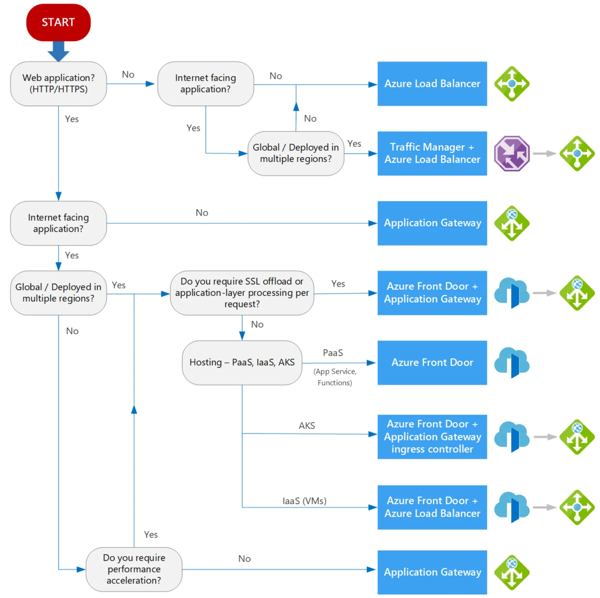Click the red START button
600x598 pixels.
click(x=58, y=22)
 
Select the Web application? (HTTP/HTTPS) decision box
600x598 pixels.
click(x=58, y=84)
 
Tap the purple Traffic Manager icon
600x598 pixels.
click(x=512, y=153)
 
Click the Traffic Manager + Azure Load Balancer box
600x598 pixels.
click(x=432, y=153)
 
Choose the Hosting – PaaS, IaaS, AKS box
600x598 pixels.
click(x=242, y=363)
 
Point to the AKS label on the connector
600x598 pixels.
click(x=307, y=425)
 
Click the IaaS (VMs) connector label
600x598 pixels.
click(x=304, y=501)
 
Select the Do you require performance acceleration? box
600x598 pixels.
click(x=134, y=569)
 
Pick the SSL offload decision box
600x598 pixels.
click(x=242, y=293)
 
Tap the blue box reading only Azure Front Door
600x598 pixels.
click(x=432, y=363)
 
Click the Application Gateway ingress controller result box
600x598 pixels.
click(x=432, y=437)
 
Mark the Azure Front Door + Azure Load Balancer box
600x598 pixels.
click(x=432, y=507)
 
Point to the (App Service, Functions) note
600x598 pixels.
click(x=335, y=377)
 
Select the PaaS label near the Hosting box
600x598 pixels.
click(x=333, y=353)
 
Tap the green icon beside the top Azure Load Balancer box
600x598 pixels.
click(x=512, y=84)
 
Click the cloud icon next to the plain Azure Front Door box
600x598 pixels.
click(x=512, y=363)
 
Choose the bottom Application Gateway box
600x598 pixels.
click(x=432, y=572)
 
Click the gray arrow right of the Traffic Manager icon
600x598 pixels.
click(x=544, y=153)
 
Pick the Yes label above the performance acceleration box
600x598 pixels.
click(x=151, y=535)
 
